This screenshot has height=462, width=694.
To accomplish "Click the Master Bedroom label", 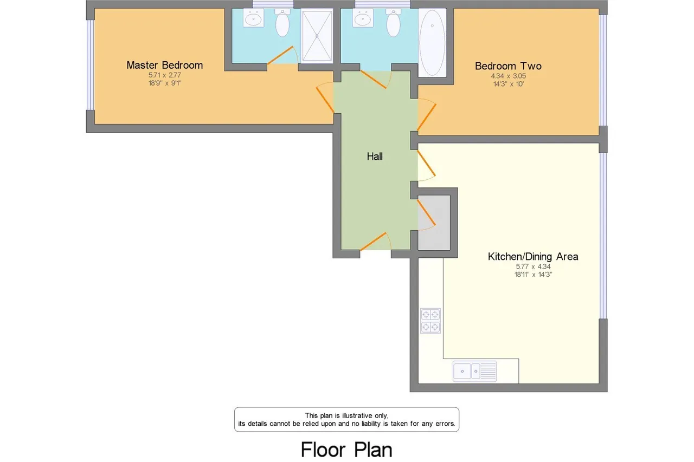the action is coord(164,66).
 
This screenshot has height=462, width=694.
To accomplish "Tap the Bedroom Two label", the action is coord(508,66).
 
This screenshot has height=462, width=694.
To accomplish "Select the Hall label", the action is coord(375,157).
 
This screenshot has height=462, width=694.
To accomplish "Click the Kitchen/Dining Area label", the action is coord(533,257).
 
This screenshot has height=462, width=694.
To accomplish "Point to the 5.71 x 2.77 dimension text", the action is coord(164,75).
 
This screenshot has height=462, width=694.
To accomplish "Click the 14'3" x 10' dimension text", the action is coord(509,84).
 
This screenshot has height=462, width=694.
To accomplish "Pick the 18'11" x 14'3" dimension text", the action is coord(533,275).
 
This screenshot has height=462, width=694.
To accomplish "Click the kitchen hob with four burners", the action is coord(430,321).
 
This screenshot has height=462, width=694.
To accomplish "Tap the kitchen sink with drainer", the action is coord(474,370).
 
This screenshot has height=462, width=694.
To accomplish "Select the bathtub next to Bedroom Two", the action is coord(432,43).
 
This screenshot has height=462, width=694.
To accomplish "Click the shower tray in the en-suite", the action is coord(317,36).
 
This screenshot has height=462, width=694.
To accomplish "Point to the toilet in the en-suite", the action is coord(282,23).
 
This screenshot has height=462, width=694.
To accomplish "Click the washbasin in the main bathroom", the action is coord(363,18).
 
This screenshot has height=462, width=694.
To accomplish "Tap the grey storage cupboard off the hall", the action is coord(434,223).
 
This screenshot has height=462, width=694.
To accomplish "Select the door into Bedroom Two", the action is coord(427,115).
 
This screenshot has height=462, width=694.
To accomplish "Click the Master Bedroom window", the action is coord(90,65).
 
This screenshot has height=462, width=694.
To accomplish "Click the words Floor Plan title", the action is coord(346,450).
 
